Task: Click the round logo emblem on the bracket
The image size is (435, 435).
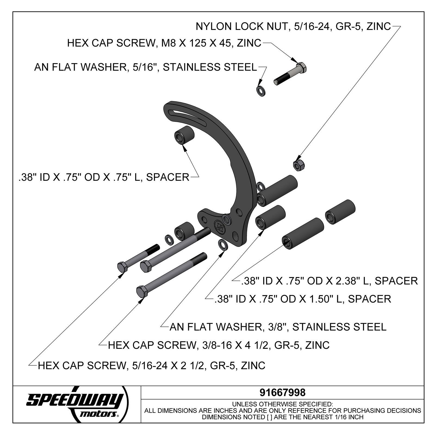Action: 219,226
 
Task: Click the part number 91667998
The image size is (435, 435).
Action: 282,392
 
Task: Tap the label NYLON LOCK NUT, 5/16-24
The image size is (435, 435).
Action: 293,26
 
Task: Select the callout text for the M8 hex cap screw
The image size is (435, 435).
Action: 164,43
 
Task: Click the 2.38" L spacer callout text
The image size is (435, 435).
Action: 329,281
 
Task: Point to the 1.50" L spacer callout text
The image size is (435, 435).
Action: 303,299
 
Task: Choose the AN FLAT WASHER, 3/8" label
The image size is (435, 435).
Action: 278,327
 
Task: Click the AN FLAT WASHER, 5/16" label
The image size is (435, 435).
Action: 145,67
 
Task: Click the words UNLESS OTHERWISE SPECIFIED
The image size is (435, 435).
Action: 282,404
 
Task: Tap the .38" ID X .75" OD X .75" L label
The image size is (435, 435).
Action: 104,177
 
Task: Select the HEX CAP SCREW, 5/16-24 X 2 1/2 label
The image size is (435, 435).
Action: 151,365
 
